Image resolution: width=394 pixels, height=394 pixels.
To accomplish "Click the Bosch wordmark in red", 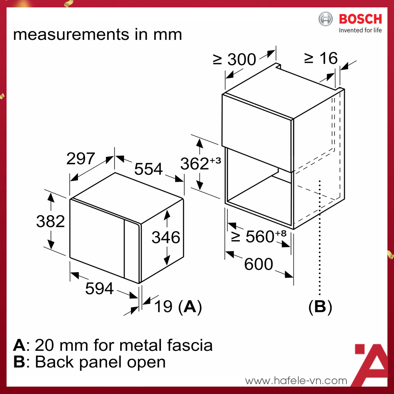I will (360, 19).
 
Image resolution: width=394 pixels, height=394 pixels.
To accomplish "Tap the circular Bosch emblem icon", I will (326, 19).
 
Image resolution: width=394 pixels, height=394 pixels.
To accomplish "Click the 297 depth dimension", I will (81, 159).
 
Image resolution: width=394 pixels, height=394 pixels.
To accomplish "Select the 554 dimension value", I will (149, 168).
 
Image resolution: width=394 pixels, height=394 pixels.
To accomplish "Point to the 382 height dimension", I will (50, 221).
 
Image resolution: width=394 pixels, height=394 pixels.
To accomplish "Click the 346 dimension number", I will (166, 237).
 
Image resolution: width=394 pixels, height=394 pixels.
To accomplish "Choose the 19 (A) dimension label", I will (178, 307).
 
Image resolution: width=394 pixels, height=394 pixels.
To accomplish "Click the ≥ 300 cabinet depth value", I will (234, 60).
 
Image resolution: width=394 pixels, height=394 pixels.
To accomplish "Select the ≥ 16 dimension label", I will (321, 58).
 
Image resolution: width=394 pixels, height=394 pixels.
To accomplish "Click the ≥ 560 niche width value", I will (259, 236).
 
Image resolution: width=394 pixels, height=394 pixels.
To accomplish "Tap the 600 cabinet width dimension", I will (259, 264).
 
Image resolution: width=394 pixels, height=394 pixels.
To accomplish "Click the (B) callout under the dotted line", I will (320, 307).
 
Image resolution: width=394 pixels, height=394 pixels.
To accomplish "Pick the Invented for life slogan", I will (360, 30).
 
